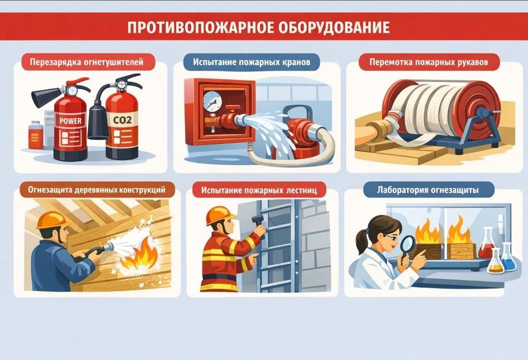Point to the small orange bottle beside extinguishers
tap(35, 135)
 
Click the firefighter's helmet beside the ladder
tap(220, 215)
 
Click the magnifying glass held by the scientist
tap(408, 246)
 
